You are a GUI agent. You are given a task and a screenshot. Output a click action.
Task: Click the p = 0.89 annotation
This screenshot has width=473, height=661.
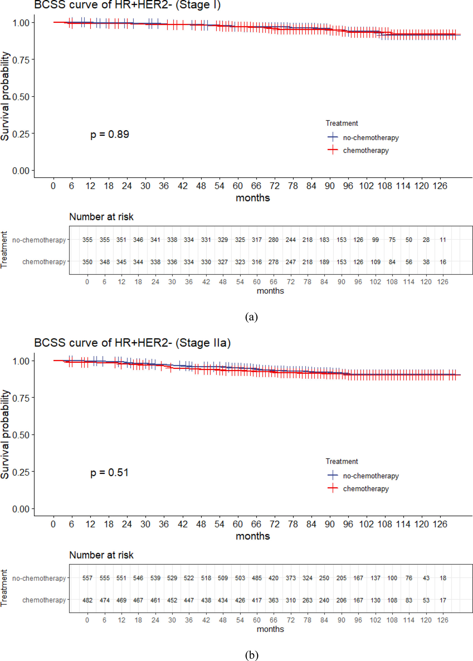[109, 134]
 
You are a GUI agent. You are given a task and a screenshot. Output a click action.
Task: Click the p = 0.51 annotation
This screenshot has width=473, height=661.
[109, 473]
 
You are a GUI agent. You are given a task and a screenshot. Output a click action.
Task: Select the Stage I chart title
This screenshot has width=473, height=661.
[127, 5]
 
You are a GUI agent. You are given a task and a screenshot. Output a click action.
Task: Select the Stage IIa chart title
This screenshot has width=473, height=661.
[133, 343]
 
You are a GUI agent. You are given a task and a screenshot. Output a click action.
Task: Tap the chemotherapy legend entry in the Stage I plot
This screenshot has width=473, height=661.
[365, 150]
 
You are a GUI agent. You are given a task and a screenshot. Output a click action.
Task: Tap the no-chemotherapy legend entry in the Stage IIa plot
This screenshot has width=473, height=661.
[370, 476]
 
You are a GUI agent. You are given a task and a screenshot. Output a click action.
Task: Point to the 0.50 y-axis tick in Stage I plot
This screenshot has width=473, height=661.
[21, 97]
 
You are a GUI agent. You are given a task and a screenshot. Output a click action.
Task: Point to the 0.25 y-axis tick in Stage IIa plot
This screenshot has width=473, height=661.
[21, 472]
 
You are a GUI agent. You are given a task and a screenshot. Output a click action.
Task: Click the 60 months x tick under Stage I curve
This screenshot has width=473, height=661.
[238, 186]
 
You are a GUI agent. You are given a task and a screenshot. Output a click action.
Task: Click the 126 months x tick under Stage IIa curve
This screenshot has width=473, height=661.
[440, 524]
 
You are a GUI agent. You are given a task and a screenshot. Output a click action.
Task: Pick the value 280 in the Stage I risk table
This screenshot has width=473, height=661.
[273, 240]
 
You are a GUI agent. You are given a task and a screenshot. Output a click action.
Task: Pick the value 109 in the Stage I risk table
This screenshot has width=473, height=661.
[376, 262]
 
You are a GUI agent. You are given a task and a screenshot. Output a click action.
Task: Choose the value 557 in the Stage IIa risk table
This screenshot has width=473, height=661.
[87, 578]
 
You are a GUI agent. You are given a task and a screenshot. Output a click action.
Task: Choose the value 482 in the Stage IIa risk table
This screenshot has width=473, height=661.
[87, 600]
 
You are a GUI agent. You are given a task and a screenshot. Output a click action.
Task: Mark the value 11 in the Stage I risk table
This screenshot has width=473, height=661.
[443, 240]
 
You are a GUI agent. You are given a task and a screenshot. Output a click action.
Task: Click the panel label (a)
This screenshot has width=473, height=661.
[251, 317]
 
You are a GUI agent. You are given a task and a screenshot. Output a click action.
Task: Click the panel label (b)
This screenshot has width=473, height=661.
[251, 655]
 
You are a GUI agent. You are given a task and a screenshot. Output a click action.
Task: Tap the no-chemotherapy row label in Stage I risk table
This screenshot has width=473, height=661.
[39, 240]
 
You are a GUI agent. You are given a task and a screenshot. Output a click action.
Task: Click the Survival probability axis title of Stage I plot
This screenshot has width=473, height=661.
[5, 96]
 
